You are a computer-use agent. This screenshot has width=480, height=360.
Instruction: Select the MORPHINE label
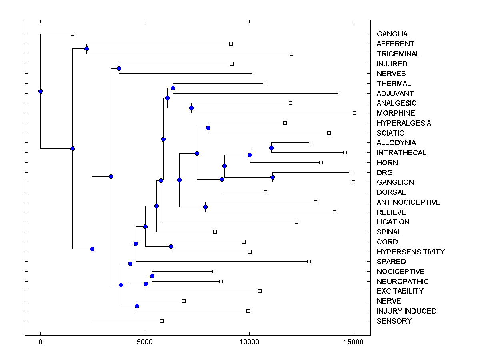click(396, 113)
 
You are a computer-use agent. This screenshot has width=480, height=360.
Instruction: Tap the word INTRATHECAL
click(401, 153)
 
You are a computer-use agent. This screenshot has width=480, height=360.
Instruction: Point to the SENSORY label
click(394, 321)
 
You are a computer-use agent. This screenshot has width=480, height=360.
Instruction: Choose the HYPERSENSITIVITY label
click(410, 252)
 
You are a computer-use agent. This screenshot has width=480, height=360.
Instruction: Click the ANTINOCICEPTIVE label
click(408, 202)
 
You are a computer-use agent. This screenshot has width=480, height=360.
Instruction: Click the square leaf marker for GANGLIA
click(72, 34)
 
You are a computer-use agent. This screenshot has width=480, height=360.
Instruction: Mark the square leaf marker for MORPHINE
click(354, 113)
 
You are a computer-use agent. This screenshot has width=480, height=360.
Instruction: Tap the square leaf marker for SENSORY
click(162, 321)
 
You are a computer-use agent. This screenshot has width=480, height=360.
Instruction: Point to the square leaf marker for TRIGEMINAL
click(291, 54)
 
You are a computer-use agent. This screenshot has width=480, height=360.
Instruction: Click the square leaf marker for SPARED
click(309, 261)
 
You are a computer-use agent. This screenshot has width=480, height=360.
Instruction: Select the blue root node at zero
click(40, 91)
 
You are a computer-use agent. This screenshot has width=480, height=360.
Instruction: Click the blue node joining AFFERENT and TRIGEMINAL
click(86, 48)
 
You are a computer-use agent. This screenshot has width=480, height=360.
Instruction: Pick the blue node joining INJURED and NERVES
click(119, 68)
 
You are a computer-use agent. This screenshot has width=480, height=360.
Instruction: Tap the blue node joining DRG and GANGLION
click(272, 177)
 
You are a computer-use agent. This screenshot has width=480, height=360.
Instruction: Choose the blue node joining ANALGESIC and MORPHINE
click(191, 108)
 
